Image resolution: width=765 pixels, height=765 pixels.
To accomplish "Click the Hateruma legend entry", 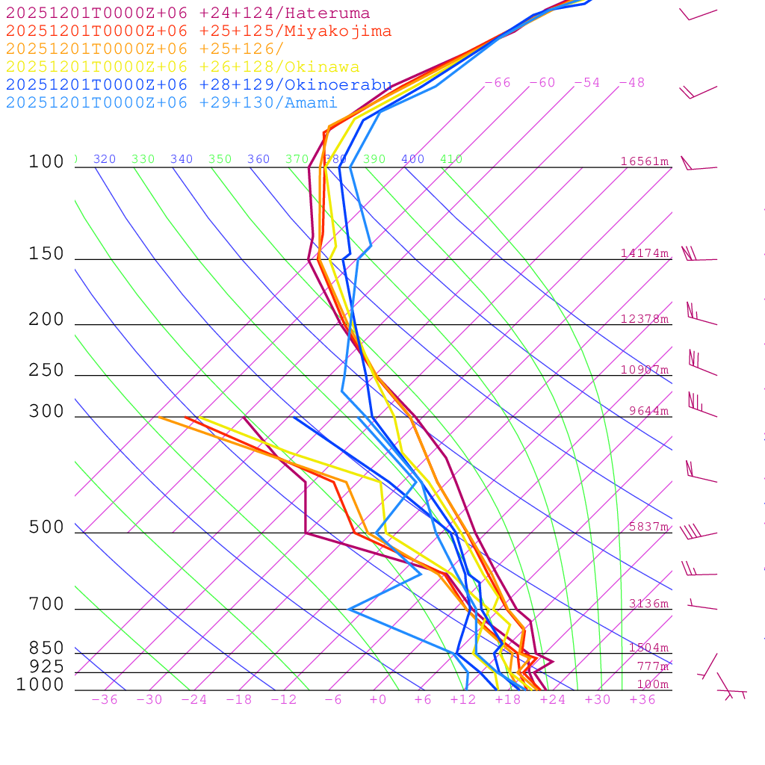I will (188, 13).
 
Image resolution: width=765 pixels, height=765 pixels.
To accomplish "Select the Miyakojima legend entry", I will (199, 31).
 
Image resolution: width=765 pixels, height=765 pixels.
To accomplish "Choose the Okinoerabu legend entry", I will (199, 85).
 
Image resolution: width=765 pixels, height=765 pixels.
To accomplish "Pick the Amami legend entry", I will (171, 103).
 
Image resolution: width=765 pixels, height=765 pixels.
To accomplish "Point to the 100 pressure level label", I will (46, 162).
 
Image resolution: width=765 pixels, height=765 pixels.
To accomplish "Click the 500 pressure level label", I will (46, 527).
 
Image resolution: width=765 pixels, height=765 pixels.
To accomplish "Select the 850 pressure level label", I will (46, 648).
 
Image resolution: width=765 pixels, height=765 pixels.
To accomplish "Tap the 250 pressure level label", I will (46, 371).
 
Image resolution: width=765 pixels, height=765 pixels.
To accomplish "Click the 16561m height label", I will (645, 161).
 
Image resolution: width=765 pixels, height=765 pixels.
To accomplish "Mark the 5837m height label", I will (648, 527).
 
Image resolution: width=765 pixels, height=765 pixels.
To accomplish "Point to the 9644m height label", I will (648, 411).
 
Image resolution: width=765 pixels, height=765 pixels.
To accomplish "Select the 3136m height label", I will (648, 604).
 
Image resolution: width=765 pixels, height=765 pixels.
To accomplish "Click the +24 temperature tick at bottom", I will (553, 700).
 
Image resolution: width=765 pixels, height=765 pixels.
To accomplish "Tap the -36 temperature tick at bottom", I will (104, 700).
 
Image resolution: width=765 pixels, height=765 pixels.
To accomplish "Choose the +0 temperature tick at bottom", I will (377, 700).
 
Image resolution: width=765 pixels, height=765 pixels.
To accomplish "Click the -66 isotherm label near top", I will (497, 83).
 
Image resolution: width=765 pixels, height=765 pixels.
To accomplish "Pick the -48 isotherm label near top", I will (631, 83).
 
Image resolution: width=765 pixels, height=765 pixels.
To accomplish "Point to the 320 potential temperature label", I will (105, 159).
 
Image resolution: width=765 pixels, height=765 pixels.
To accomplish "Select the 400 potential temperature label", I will (412, 159).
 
